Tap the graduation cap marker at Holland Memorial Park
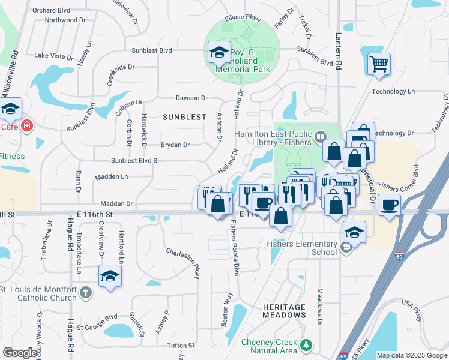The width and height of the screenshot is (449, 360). (x=219, y=52)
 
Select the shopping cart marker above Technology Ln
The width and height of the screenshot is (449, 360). (x=378, y=64)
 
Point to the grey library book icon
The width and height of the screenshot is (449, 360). (x=321, y=136)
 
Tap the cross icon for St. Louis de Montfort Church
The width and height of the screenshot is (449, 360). (x=86, y=293)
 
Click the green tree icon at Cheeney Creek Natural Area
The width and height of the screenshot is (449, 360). (x=307, y=345)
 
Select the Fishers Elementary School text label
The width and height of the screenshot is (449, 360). (x=302, y=248)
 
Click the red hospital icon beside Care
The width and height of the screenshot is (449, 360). (x=26, y=126)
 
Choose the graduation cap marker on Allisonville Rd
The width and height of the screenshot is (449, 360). (x=10, y=109)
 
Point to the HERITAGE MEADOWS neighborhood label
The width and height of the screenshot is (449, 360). (x=284, y=311)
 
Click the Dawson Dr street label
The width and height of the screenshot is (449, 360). (x=191, y=98)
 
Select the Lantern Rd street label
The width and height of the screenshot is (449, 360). (x=339, y=51)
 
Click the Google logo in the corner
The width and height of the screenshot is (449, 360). (x=20, y=353)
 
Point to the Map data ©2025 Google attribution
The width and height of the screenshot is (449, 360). (x=412, y=355)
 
